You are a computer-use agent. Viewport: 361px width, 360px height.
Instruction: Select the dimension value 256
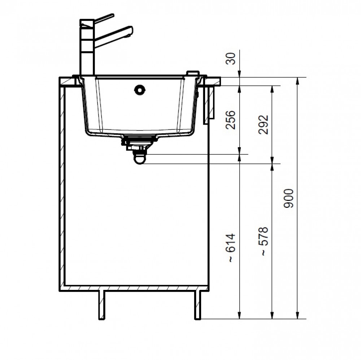coord(231,120)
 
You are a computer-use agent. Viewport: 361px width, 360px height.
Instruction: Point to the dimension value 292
coord(264,124)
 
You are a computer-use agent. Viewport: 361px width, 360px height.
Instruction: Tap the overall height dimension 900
coord(288,198)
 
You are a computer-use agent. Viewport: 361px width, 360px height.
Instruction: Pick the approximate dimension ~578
coord(264,241)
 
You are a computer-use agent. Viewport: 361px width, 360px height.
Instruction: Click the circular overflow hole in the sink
coord(140,90)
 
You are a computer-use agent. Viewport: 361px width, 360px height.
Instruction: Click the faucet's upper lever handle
coord(104,18)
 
